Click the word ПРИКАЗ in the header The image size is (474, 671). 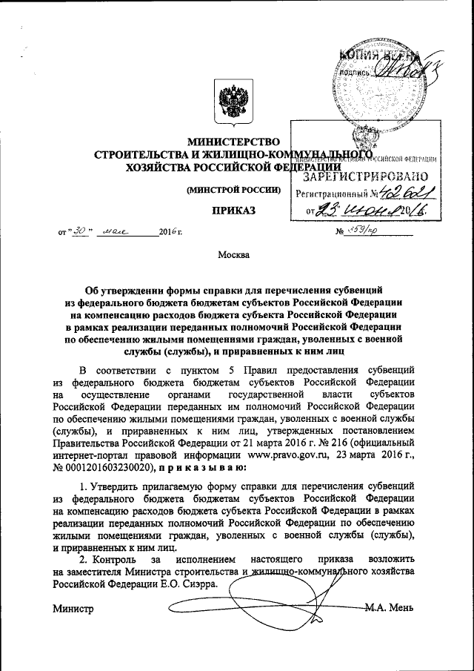point(233,211)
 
